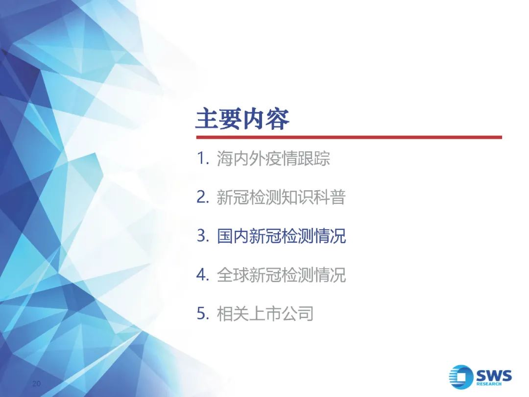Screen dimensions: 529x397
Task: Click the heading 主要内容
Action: click(x=242, y=119)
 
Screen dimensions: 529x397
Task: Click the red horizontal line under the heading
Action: click(x=349, y=137)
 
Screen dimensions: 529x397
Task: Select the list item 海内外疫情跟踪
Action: click(x=273, y=158)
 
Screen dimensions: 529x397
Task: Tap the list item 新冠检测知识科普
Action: click(x=281, y=197)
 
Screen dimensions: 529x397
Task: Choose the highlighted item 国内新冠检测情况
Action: click(x=281, y=236)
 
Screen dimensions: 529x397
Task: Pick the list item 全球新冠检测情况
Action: click(x=281, y=275)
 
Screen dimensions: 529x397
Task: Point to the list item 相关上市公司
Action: click(x=265, y=314)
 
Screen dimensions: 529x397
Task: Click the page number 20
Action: click(x=36, y=383)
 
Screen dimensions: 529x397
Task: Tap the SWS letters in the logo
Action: click(x=494, y=375)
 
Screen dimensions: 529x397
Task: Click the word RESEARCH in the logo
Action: click(x=489, y=384)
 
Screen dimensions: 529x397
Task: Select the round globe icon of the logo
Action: click(x=461, y=376)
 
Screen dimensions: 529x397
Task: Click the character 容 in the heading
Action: click(x=278, y=119)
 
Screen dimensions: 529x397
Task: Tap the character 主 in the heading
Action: click(x=207, y=119)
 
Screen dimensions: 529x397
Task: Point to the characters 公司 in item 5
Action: click(x=298, y=314)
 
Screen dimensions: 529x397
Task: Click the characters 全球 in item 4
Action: click(x=233, y=275)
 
